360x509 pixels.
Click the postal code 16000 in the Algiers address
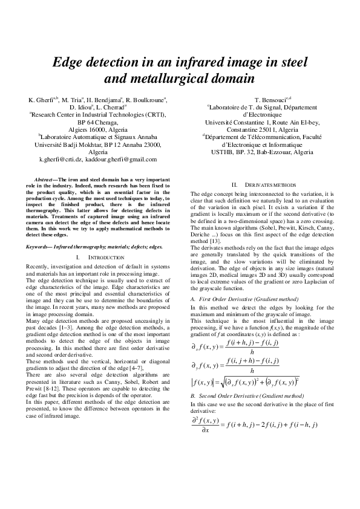pos(94,129)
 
